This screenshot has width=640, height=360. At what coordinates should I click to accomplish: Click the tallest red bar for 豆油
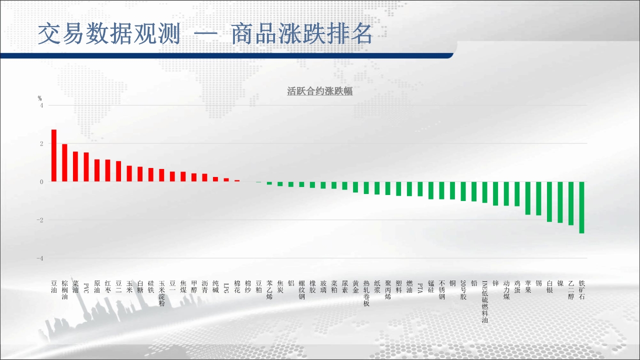click(x=53, y=155)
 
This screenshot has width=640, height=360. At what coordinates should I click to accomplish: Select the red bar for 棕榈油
click(x=64, y=163)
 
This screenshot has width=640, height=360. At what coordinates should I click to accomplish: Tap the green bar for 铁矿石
click(x=581, y=207)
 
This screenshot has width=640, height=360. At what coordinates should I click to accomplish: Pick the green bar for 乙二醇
click(x=571, y=203)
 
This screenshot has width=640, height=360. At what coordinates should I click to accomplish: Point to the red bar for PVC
click(x=86, y=167)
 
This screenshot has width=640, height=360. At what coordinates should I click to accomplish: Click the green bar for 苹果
click(x=527, y=198)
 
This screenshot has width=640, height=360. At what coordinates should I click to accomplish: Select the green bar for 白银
click(x=549, y=201)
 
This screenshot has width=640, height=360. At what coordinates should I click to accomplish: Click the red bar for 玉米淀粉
click(x=161, y=175)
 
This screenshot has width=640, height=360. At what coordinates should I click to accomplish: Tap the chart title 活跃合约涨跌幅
click(x=319, y=91)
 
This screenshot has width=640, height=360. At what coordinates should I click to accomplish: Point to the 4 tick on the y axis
click(x=41, y=105)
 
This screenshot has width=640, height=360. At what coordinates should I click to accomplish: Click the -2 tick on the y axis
click(x=39, y=220)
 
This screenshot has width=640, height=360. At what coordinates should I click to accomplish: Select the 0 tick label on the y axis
click(x=41, y=182)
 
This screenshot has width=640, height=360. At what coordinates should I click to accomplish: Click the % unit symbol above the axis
click(x=39, y=98)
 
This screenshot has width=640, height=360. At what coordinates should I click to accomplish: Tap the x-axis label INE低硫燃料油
click(x=484, y=301)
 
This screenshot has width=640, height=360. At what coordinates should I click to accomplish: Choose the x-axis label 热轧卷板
click(x=366, y=293)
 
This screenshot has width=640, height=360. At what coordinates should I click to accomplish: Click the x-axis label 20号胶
click(x=463, y=290)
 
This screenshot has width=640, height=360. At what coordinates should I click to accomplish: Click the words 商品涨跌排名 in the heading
click(x=301, y=34)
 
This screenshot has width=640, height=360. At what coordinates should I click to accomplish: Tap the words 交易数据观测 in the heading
click(x=109, y=34)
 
